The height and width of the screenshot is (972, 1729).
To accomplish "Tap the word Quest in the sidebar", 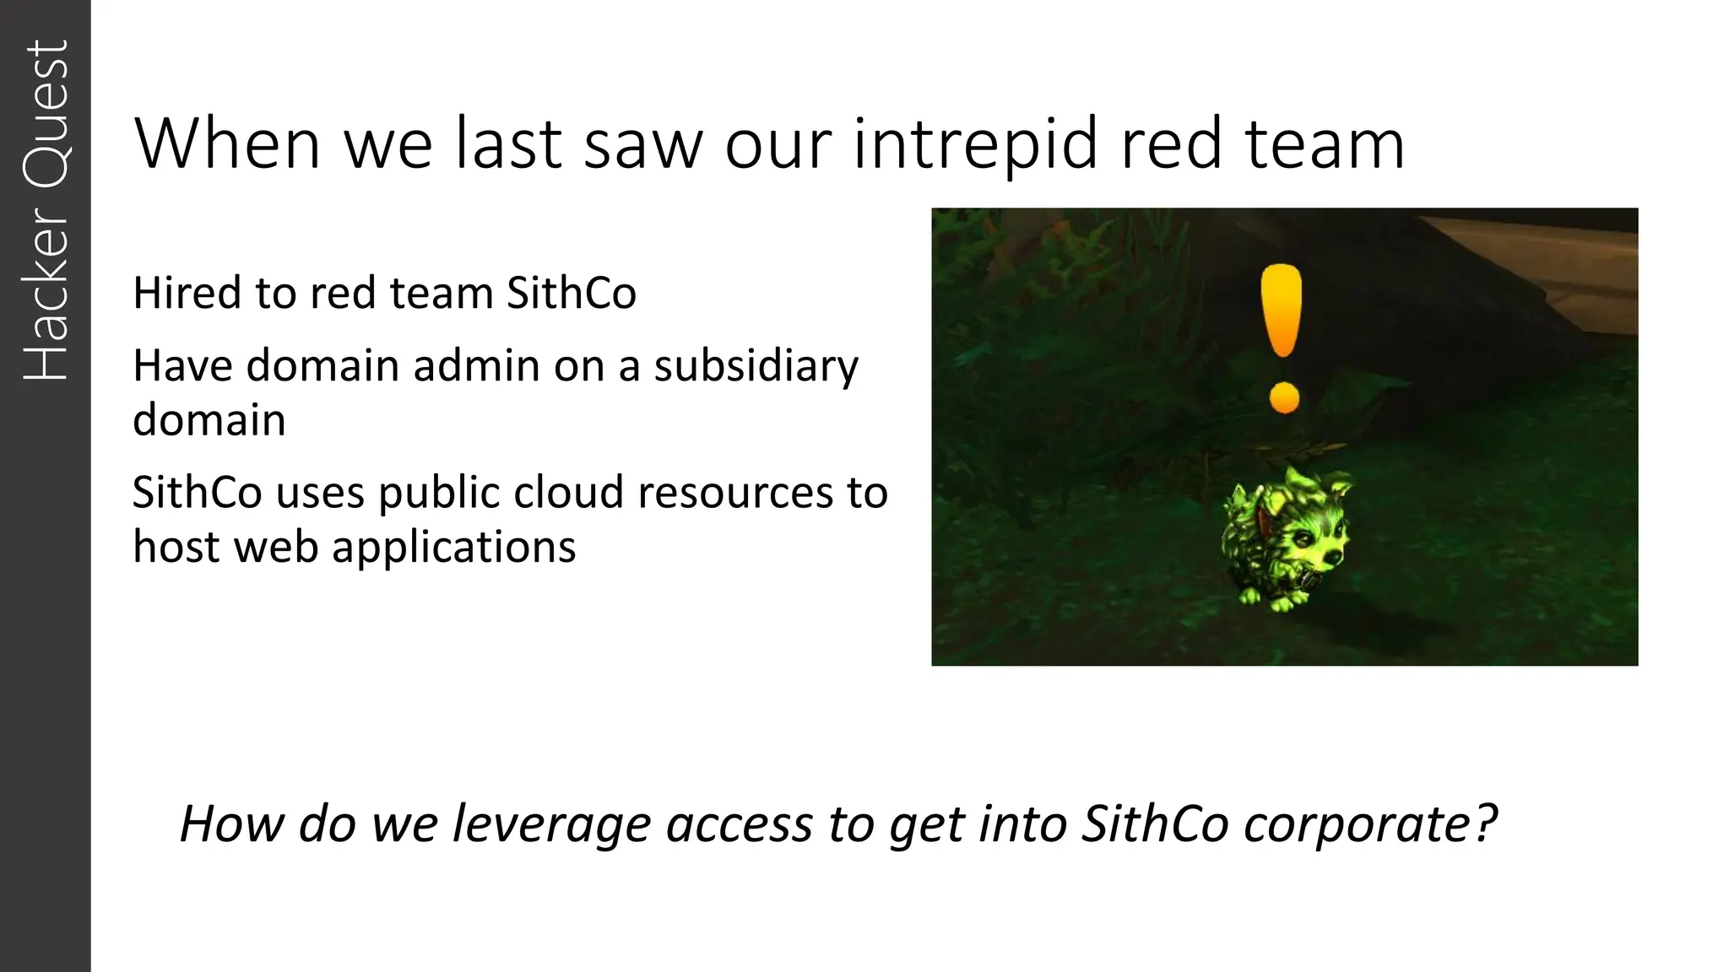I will pyautogui.click(x=46, y=113).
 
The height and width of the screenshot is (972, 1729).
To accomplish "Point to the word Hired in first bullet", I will pyautogui.click(x=187, y=293).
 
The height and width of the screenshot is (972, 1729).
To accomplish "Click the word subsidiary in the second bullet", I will pyautogui.click(x=756, y=368).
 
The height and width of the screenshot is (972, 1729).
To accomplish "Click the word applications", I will pyautogui.click(x=453, y=548).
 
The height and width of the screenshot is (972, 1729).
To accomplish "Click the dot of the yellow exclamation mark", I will pyautogui.click(x=1284, y=397).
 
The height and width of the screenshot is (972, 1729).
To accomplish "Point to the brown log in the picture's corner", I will pyautogui.click(x=1537, y=253).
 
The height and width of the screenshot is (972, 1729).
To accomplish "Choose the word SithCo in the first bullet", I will pyautogui.click(x=571, y=293).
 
